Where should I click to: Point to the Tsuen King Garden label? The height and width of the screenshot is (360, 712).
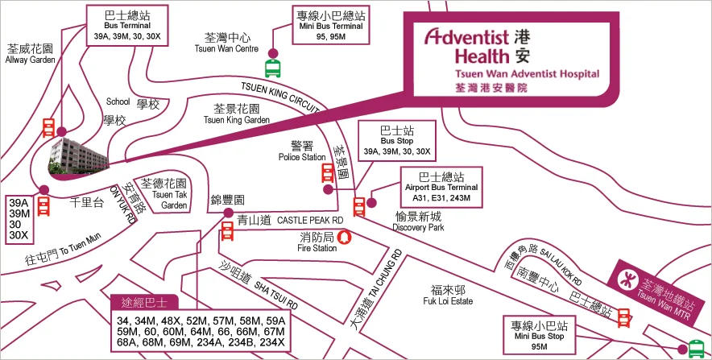237,114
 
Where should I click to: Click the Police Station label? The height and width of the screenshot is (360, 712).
302,151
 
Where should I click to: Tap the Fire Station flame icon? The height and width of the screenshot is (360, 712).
345,238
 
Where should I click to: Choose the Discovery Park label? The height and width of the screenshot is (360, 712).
418,221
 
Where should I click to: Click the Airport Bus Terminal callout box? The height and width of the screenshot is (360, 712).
441,185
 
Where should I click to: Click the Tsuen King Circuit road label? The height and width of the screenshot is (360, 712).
282,94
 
